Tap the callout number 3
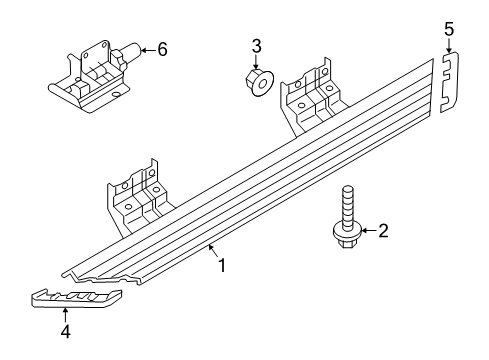(256, 46)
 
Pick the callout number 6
(163, 47)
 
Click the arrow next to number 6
(147, 47)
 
